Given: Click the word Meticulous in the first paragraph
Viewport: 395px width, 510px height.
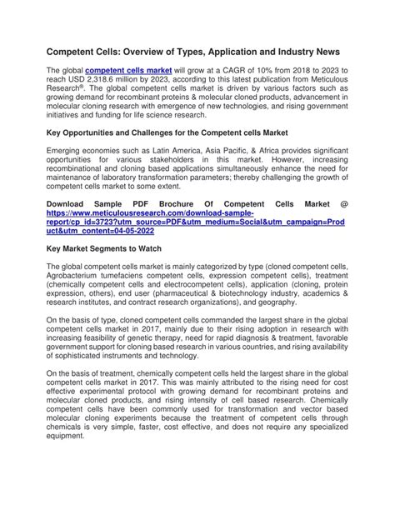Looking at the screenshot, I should pyautogui.click(x=327, y=84).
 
